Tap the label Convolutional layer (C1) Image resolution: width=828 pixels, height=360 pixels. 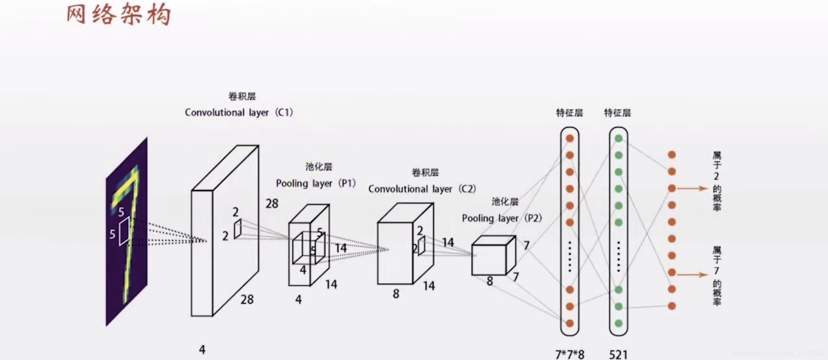[x=239, y=112]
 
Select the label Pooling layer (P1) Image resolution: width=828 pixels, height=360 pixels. [x=316, y=183]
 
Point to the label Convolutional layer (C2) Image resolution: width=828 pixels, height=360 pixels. [x=422, y=189]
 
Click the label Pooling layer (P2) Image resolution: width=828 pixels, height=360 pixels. [x=502, y=218]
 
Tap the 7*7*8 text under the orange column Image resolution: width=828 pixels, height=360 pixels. [x=570, y=354]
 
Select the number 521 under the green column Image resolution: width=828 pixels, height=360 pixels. [x=618, y=354]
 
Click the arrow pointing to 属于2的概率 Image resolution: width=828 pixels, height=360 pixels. [x=692, y=188]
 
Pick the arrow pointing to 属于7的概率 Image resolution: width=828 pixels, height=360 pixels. [x=692, y=275]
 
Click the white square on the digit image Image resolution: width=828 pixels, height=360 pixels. [x=124, y=232]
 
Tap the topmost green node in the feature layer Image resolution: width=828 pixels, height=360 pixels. [x=618, y=138]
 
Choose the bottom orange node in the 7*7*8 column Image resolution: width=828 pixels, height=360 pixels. [x=570, y=323]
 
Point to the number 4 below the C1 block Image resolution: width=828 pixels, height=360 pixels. [x=202, y=349]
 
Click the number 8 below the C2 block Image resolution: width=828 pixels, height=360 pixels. [x=396, y=294]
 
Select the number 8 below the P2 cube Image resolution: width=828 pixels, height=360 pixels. [x=490, y=281]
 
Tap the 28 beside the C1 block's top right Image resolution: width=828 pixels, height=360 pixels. [x=272, y=204]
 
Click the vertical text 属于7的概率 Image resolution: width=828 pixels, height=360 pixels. [x=717, y=276]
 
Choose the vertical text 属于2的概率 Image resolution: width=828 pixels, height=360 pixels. [x=717, y=181]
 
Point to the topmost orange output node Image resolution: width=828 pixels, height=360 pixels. [x=672, y=155]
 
